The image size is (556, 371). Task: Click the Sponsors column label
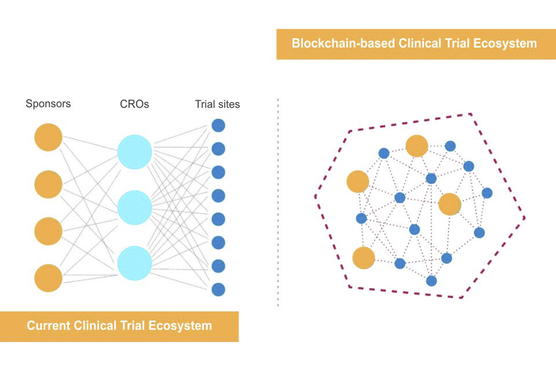[x=48, y=104]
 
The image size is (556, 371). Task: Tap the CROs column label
[x=134, y=104]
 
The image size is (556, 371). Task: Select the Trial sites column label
[x=217, y=104]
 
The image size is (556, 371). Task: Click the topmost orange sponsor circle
[x=48, y=137]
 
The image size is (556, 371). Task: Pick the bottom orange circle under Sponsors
[x=48, y=278]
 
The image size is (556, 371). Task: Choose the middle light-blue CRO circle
[x=135, y=208]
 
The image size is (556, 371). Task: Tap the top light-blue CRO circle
[x=135, y=152]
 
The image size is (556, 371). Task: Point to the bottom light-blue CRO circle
[x=135, y=263]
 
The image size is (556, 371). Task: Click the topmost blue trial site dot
[x=218, y=125]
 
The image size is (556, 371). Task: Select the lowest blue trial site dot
[x=218, y=289]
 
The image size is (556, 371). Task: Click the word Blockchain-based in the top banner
[x=343, y=43]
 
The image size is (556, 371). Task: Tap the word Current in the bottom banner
[x=49, y=326]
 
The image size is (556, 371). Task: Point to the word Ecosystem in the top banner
[x=505, y=43]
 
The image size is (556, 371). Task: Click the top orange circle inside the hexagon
[x=416, y=146]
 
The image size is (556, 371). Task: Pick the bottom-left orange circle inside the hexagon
[x=364, y=258]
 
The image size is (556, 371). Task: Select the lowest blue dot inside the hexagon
[x=431, y=281]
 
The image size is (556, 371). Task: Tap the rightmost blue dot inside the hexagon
[x=487, y=193]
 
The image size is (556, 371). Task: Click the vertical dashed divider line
[x=278, y=202]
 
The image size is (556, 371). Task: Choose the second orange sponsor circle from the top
[x=48, y=184]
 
